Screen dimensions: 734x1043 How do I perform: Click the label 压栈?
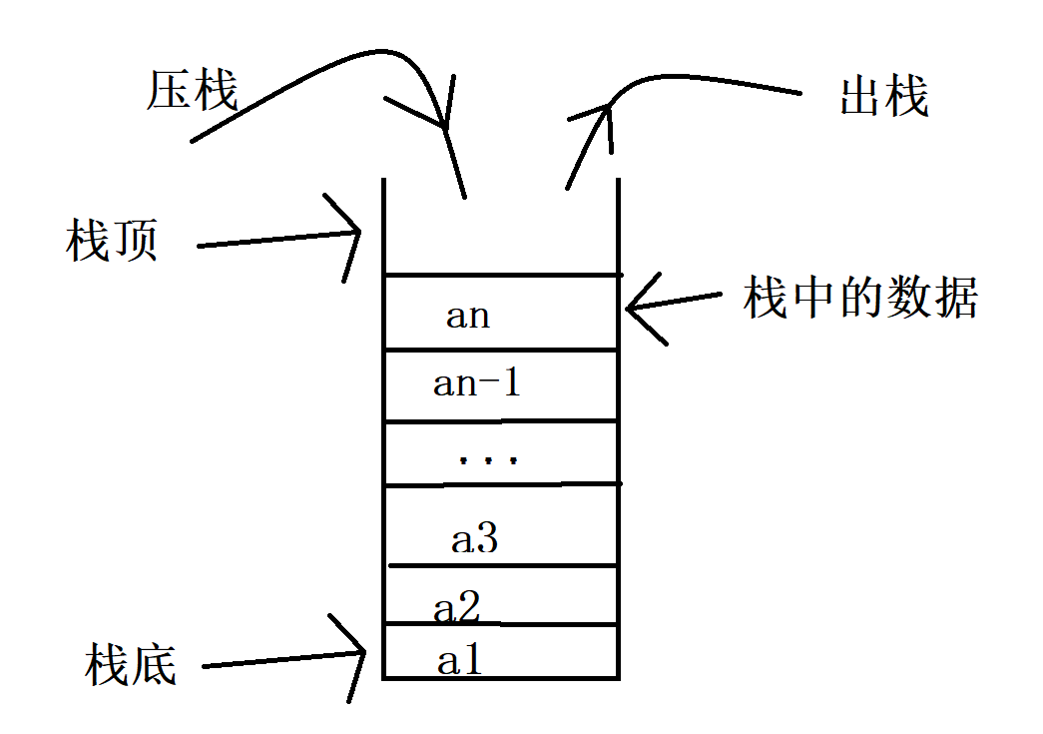(x=193, y=92)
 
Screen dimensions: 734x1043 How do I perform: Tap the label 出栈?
(x=884, y=97)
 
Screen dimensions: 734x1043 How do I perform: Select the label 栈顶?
(x=112, y=241)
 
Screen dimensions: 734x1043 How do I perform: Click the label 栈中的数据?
(x=860, y=298)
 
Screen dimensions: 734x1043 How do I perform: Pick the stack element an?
(x=468, y=316)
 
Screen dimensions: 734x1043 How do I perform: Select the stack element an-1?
(x=477, y=383)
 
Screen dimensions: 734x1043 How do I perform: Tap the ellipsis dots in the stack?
(x=488, y=460)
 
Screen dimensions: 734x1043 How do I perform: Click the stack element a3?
(x=474, y=540)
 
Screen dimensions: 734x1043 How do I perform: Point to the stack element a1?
(x=460, y=659)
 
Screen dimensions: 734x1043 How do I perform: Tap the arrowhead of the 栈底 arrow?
(x=361, y=654)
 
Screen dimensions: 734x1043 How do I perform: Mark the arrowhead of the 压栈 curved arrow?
(x=443, y=125)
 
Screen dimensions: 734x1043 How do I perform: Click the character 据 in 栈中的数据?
(x=955, y=298)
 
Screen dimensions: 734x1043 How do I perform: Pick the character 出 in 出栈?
(x=860, y=97)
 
